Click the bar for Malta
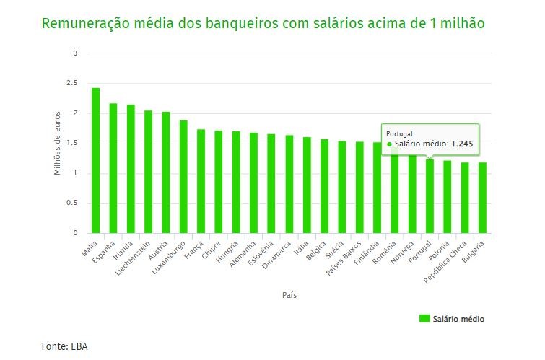tap(95, 160)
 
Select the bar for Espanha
tap(113, 168)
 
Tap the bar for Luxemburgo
tap(183, 177)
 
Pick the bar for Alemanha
tap(253, 183)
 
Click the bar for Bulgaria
tap(482, 198)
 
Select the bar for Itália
tap(306, 185)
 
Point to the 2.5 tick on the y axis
tap(72, 83)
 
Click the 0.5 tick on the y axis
tap(72, 203)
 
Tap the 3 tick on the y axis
tap(75, 53)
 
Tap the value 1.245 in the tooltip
tap(462, 144)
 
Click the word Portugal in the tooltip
tap(399, 134)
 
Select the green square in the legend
tap(424, 318)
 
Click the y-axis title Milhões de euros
tap(58, 143)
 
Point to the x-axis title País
tap(289, 295)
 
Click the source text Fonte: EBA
tap(64, 346)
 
